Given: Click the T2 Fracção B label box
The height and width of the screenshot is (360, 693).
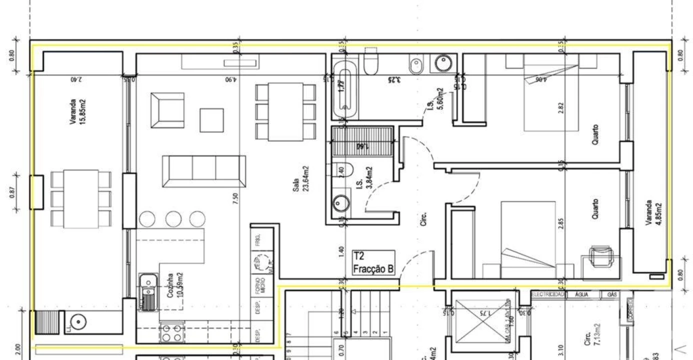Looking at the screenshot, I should tap(373, 263).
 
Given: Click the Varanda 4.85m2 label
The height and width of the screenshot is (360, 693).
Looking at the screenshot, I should tap(652, 213).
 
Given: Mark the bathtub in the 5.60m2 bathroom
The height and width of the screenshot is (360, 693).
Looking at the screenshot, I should tap(344, 89).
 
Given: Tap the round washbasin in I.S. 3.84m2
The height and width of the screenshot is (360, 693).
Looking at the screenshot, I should tap(341, 203).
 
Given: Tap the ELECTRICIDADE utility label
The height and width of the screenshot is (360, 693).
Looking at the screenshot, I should tap(548, 295).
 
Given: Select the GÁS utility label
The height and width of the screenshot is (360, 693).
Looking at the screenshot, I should tap(611, 295).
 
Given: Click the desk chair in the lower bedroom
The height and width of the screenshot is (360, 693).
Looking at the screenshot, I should tap(599, 256).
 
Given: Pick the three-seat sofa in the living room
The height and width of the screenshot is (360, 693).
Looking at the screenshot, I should tap(204, 171).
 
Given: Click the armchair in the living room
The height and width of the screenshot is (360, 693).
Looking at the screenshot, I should tap(167, 110).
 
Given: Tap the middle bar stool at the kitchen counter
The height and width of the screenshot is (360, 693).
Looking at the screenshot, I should tap(173, 218).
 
